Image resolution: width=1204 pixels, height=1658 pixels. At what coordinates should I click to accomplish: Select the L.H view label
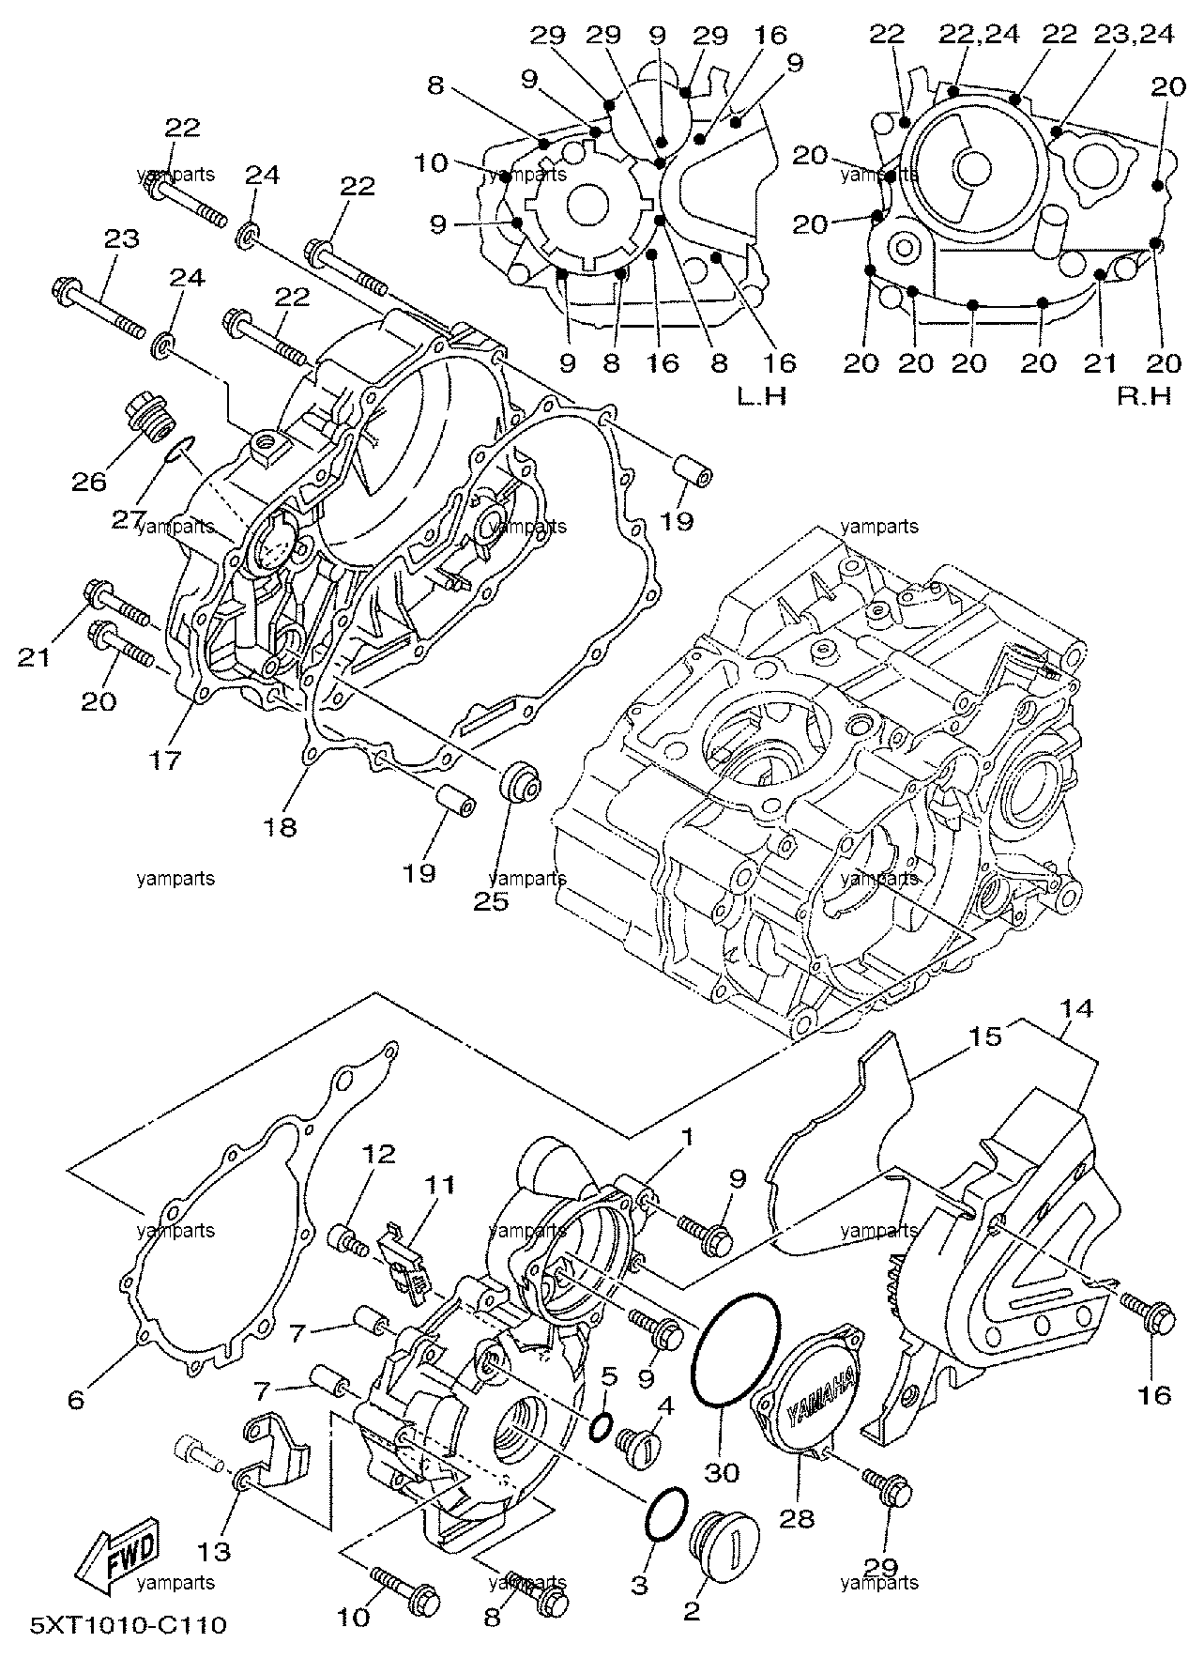(761, 397)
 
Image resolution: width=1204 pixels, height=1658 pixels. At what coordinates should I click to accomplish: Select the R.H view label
(1144, 397)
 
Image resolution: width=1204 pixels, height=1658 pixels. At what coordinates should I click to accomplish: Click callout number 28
(796, 1519)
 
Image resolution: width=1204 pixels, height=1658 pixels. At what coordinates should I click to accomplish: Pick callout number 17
(167, 760)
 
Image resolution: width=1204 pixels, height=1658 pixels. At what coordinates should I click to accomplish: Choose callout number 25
(491, 902)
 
